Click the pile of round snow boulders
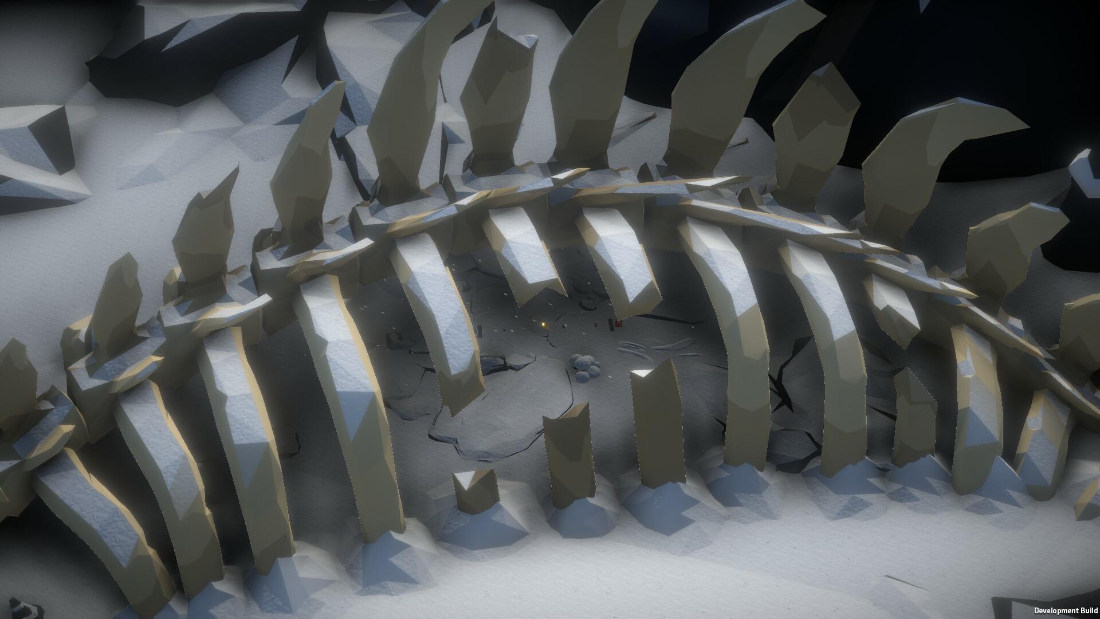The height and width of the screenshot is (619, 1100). coord(585,366)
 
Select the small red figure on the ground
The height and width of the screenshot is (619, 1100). coord(618,324)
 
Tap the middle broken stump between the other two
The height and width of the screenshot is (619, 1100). coord(567,453)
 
